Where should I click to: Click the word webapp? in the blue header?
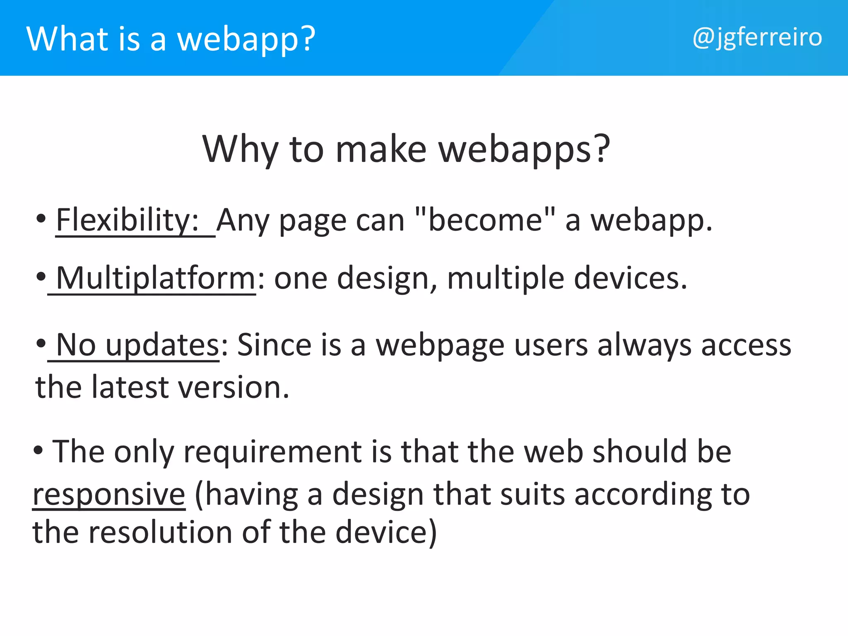click(246, 39)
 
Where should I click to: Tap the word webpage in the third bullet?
click(440, 345)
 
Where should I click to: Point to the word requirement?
click(273, 452)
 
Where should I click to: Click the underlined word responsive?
click(109, 494)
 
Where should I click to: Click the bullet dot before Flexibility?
click(41, 219)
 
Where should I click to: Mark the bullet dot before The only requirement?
click(38, 450)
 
